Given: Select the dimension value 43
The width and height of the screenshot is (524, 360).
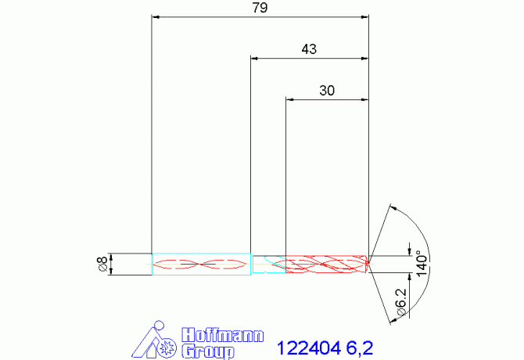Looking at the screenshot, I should pos(309,49).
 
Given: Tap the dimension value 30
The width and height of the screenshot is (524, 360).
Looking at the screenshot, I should pos(327,91).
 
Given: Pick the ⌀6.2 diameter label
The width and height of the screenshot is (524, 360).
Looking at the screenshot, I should pos(400,301).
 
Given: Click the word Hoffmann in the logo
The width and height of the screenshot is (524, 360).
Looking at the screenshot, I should pos(223,334).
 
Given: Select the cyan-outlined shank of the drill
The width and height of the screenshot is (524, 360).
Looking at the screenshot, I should pos(201,264).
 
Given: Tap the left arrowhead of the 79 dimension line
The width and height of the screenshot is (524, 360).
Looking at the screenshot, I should pos(155,16).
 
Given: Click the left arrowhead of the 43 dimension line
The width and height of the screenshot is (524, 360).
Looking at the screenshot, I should pos(254,58).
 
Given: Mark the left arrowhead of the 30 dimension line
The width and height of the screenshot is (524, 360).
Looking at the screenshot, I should pos(290,99).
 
